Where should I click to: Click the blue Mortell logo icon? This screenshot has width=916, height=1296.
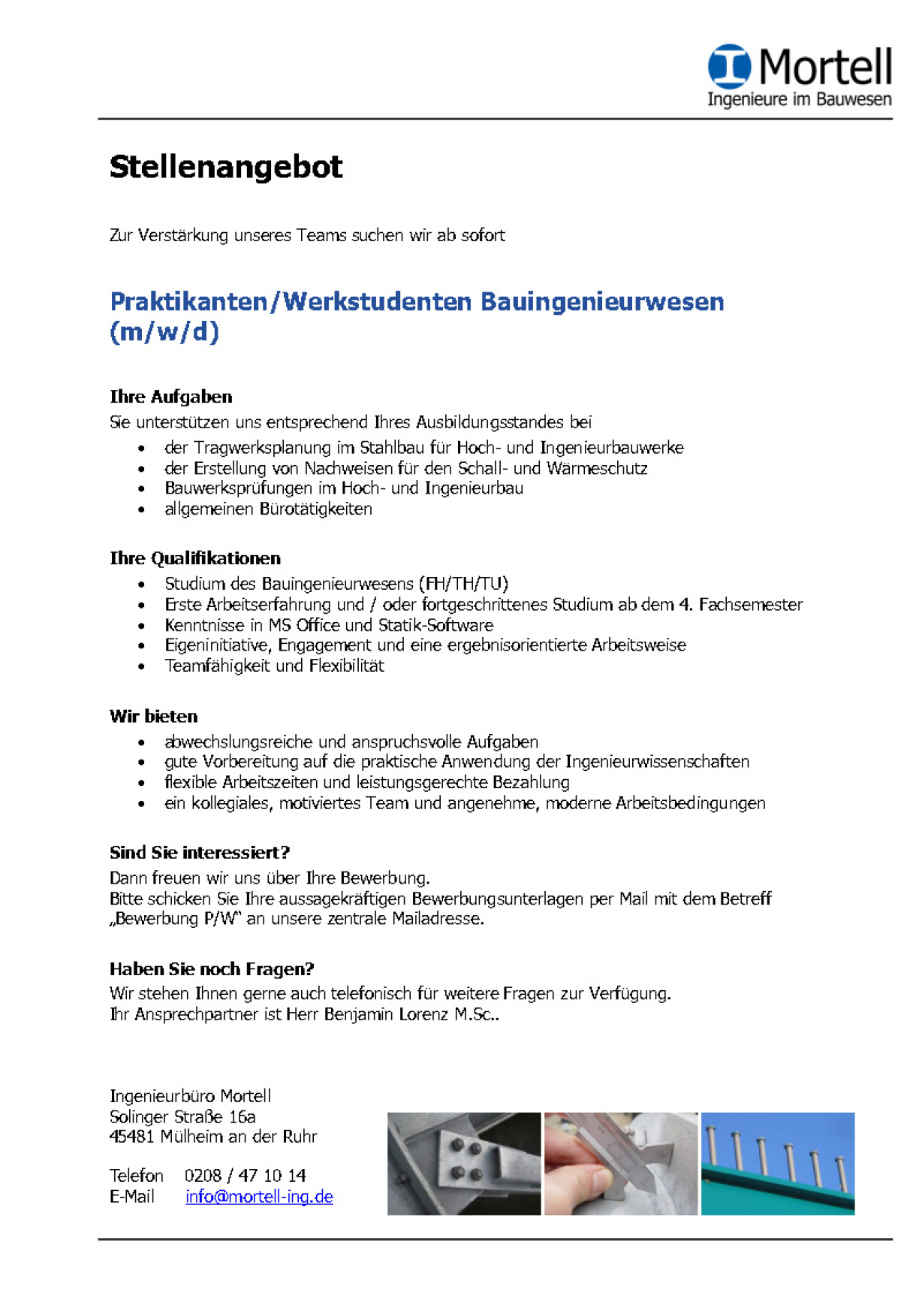(728, 66)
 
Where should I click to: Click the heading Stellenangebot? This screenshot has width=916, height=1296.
(226, 167)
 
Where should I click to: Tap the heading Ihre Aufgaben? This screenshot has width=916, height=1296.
(171, 397)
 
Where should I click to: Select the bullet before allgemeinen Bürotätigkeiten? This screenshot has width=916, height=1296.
(141, 510)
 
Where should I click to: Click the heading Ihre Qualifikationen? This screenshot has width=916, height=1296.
(195, 558)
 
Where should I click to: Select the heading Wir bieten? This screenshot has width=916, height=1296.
(154, 716)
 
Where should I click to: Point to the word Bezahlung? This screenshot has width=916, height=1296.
(531, 782)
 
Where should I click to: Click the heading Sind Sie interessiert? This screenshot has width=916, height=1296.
(200, 853)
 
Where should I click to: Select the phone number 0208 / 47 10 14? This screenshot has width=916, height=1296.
(245, 1176)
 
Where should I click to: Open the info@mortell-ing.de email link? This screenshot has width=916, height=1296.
(259, 1197)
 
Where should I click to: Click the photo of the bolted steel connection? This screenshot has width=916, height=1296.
(464, 1163)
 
